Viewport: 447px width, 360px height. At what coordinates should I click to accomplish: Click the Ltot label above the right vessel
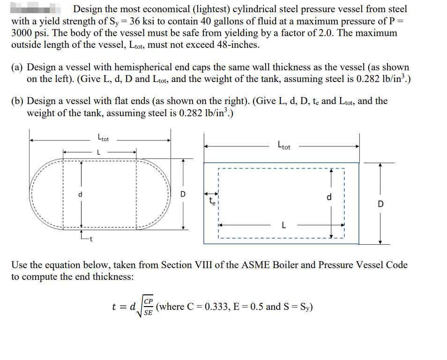(284, 145)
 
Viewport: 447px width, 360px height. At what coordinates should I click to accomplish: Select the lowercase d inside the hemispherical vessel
(80, 194)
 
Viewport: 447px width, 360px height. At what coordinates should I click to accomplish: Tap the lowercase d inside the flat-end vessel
(329, 197)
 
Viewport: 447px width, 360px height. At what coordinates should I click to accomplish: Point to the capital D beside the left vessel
(183, 194)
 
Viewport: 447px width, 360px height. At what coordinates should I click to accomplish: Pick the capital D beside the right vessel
(380, 204)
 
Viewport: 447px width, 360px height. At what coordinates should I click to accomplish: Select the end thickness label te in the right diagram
(212, 202)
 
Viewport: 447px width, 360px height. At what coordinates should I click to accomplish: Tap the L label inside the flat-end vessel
(283, 225)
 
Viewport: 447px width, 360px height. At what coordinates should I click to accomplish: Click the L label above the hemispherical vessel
(98, 152)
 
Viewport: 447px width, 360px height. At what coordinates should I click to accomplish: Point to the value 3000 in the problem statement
(24, 33)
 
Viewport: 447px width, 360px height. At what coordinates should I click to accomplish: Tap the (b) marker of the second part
(18, 101)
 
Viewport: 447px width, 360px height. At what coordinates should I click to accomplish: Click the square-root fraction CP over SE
(148, 307)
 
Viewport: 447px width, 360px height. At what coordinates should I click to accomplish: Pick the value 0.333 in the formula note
(217, 307)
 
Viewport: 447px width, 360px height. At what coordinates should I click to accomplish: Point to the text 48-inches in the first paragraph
(236, 45)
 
